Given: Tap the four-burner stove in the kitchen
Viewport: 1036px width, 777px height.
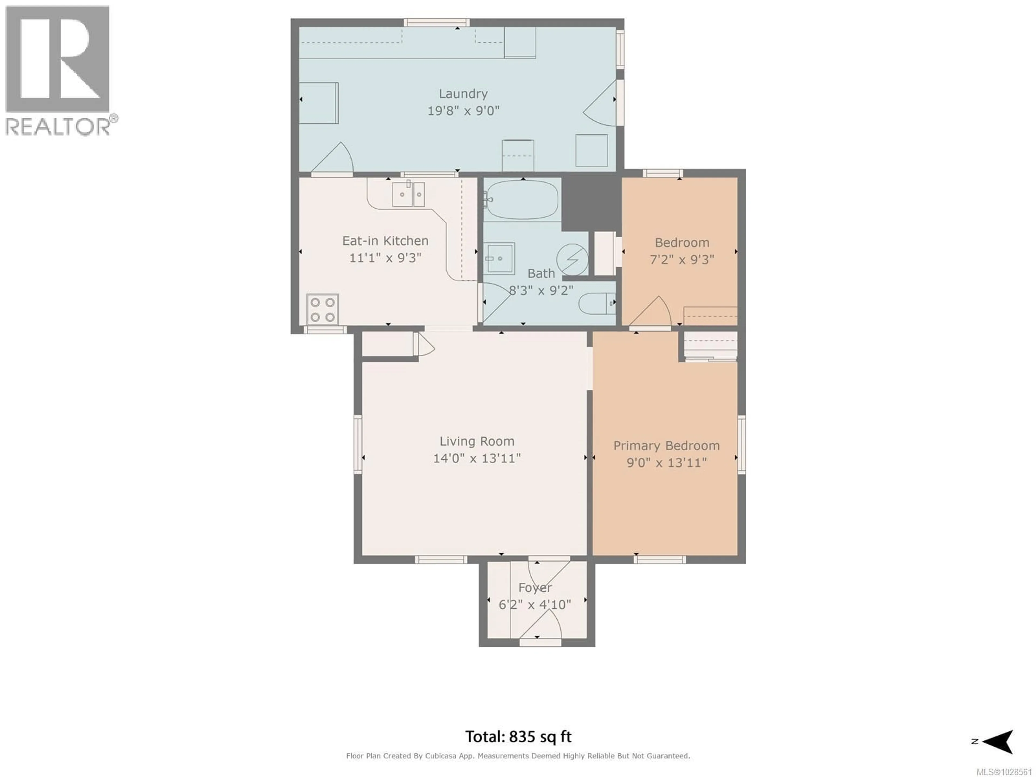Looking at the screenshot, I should pos(322,309).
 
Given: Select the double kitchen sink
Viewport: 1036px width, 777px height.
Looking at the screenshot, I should pos(408,194).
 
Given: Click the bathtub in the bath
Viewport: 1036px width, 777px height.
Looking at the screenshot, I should pos(522,200).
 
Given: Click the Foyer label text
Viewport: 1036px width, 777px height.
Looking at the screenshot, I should pos(535,587).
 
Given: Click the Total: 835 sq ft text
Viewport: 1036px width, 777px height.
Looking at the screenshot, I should pos(518,737).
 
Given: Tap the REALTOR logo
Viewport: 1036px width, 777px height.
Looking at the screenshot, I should pos(59,70).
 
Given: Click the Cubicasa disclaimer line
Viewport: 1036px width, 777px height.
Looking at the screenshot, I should pos(518,756).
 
